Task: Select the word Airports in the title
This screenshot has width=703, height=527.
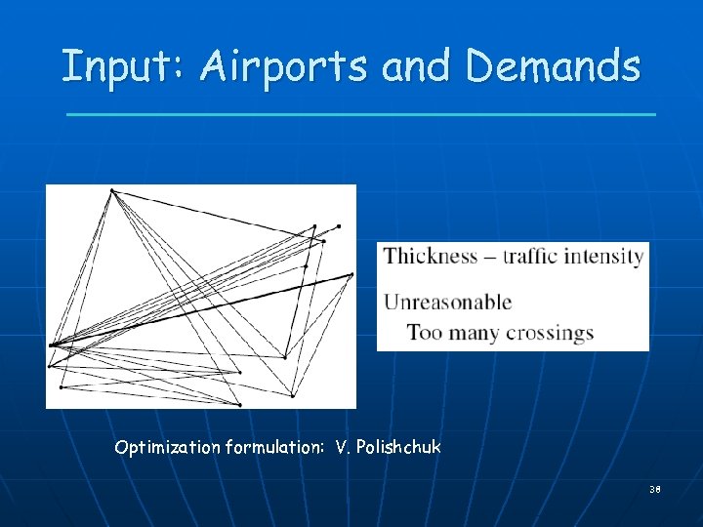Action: point(284,66)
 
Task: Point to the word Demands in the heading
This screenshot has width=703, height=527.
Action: point(554,66)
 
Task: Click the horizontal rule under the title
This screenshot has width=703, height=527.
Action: point(361,114)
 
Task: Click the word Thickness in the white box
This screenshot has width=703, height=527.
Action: point(431,257)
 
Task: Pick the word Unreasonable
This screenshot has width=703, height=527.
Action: point(447,302)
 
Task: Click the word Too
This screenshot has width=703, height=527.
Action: point(425,333)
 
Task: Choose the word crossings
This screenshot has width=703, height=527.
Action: point(551,334)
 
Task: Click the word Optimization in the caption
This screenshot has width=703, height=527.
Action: point(167,448)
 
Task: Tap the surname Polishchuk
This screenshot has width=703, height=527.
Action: point(399,448)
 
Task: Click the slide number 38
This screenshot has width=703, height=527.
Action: point(654,489)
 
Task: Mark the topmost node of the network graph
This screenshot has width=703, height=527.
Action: point(113,190)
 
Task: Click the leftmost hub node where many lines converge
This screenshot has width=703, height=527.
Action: point(52,345)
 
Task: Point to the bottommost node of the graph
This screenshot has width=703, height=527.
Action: point(239,404)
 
